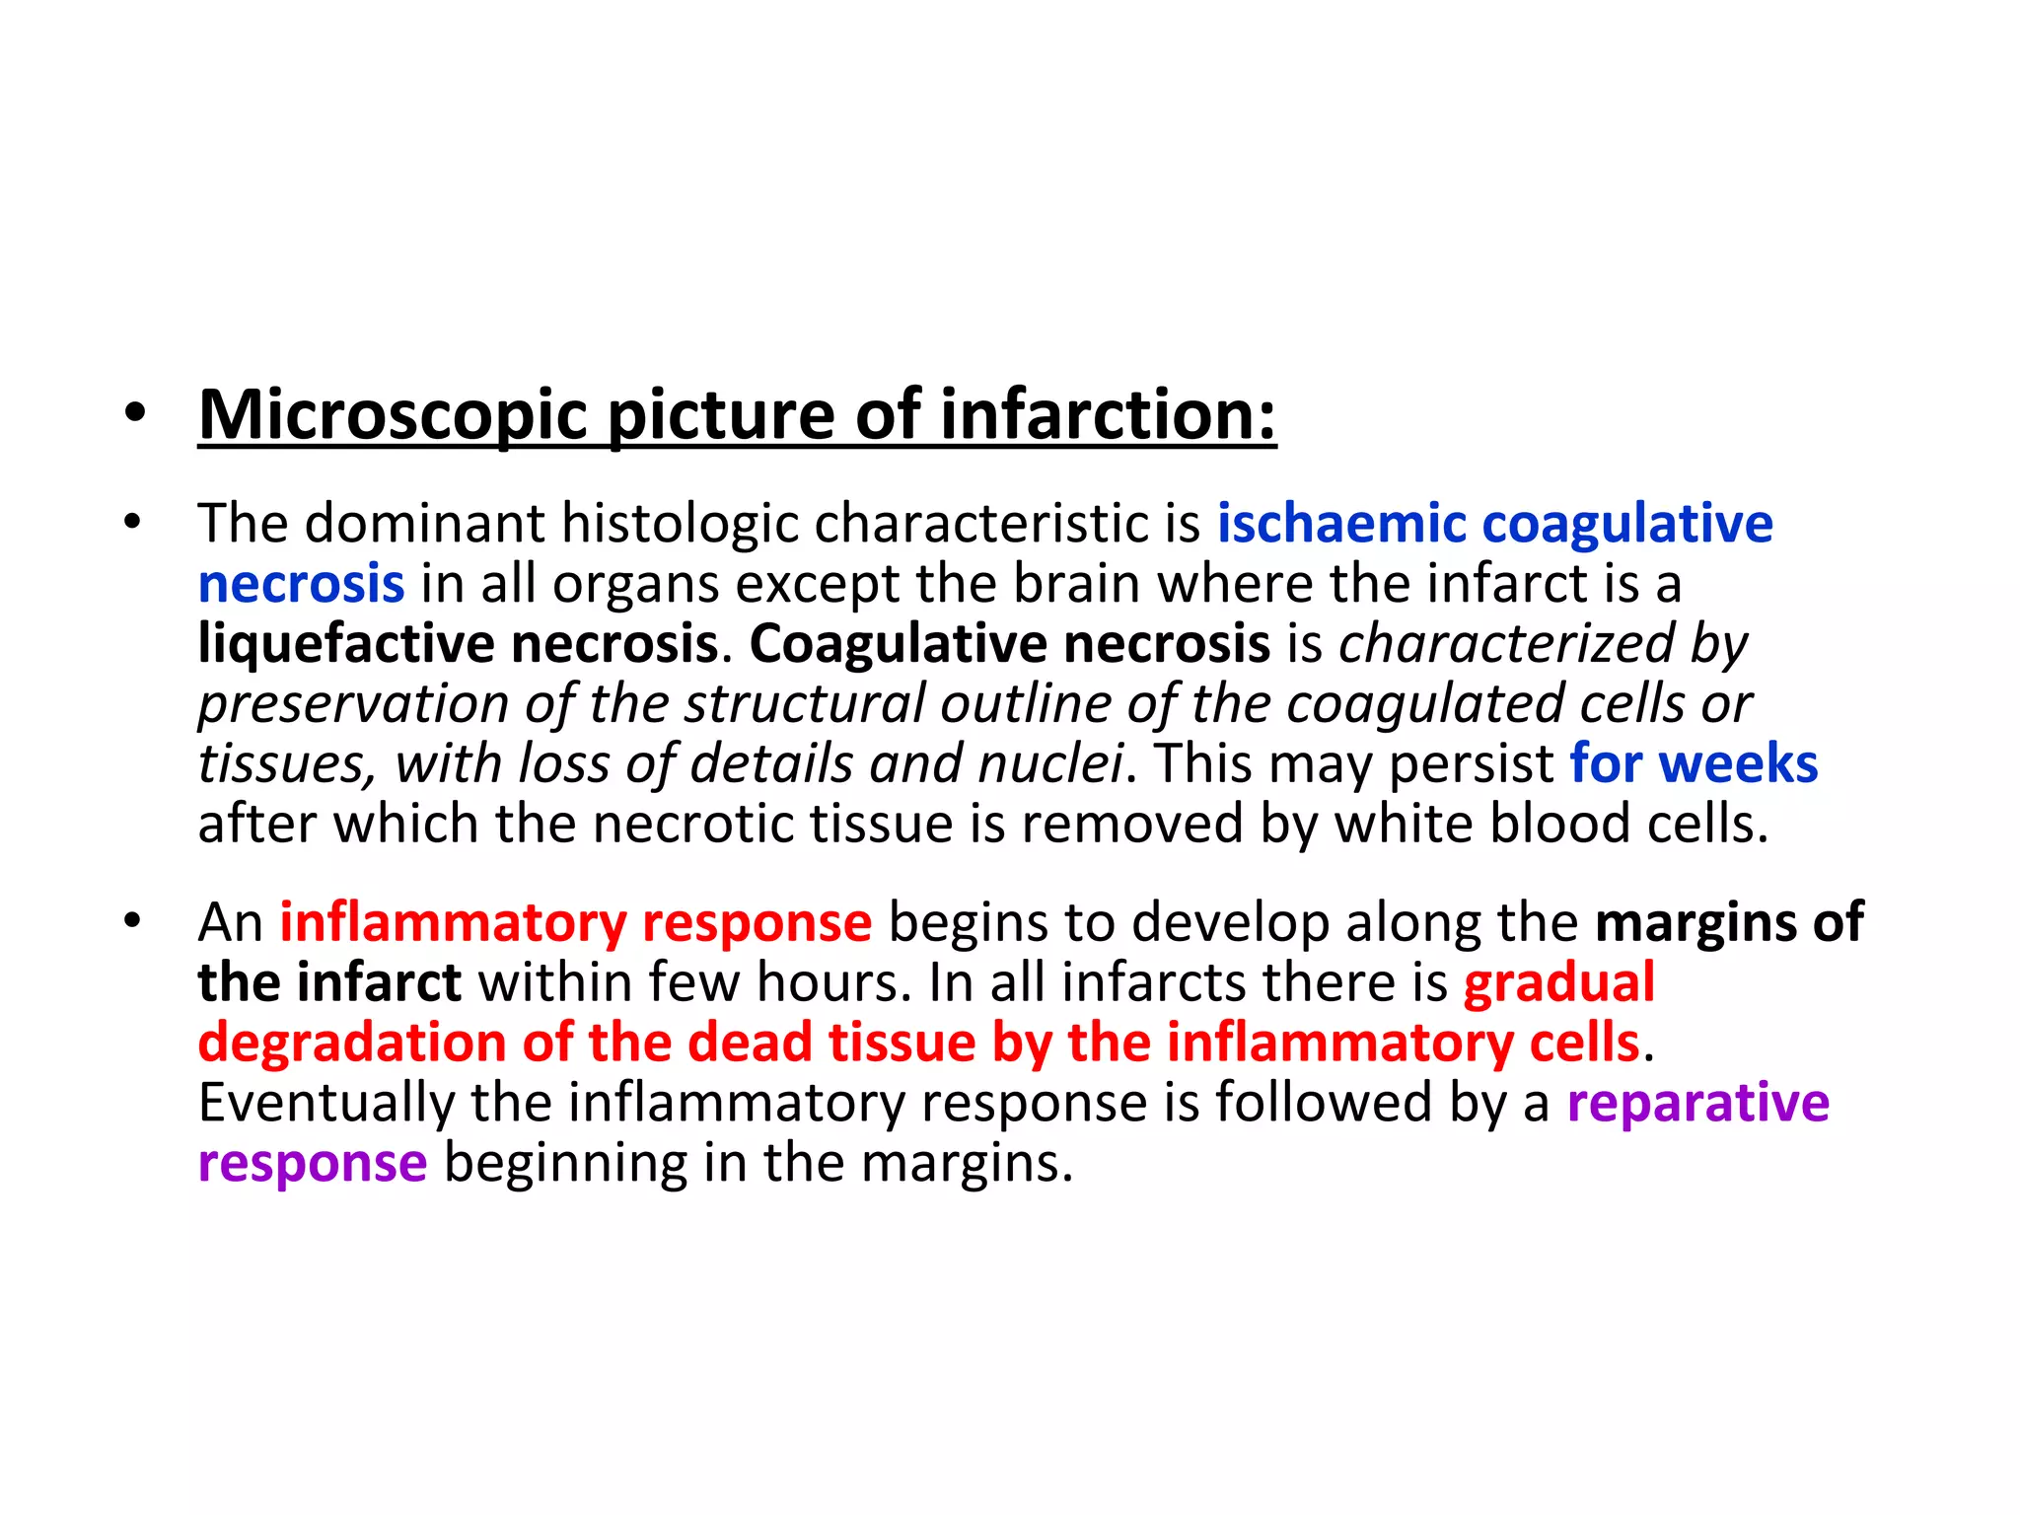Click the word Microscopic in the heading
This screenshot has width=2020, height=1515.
[393, 415]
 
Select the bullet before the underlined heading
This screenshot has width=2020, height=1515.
[135, 414]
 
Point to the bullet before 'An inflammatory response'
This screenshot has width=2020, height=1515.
[133, 922]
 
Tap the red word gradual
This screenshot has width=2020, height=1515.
[1558, 982]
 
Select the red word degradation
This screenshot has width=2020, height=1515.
[351, 1043]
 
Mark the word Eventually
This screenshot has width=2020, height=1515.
[325, 1103]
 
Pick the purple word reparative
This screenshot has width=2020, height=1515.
[1697, 1103]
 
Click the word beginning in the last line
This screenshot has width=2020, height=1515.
[565, 1163]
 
